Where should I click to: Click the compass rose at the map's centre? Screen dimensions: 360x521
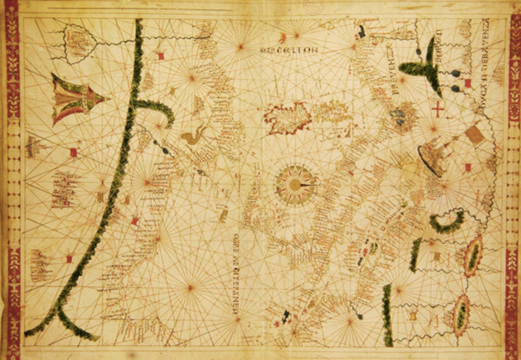pyautogui.click(x=295, y=184)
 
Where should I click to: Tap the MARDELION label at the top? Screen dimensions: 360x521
pyautogui.click(x=288, y=50)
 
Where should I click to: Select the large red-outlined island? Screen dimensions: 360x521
pyautogui.click(x=287, y=117)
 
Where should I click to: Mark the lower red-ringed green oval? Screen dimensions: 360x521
pyautogui.click(x=461, y=315)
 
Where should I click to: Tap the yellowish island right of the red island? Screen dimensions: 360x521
pyautogui.click(x=333, y=111)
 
